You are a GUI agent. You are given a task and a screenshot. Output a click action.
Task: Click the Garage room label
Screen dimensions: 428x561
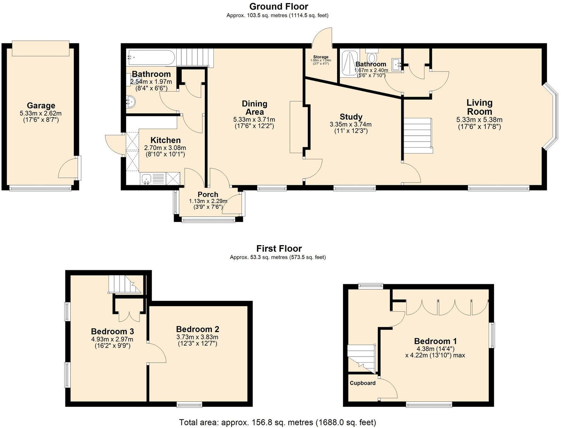coord(41,106)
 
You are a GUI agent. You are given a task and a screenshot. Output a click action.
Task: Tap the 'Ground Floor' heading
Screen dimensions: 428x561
coord(278,7)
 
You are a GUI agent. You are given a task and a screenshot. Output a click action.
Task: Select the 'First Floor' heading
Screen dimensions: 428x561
coord(279,249)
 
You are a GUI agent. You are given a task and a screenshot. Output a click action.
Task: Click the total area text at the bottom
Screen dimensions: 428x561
coord(277,422)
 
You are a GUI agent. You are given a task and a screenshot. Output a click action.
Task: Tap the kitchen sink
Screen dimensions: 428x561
coord(147,179)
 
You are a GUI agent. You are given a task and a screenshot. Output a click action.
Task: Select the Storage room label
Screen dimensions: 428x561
coord(321,57)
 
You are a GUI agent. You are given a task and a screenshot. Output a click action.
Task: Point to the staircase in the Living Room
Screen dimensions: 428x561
coord(418,135)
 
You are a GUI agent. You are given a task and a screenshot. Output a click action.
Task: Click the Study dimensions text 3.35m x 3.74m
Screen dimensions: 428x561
coord(351,124)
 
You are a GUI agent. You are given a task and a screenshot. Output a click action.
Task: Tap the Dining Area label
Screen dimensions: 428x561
coord(254,107)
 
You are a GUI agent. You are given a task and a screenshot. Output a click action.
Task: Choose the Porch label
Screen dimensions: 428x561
coord(208,194)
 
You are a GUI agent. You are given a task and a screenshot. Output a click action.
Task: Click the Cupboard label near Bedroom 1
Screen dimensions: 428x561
coord(362,383)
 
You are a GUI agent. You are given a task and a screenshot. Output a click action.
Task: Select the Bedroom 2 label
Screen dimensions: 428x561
coord(198,329)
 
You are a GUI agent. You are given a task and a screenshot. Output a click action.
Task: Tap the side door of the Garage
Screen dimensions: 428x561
coord(68,169)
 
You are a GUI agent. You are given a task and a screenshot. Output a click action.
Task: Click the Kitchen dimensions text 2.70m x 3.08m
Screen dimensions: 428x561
coord(165,148)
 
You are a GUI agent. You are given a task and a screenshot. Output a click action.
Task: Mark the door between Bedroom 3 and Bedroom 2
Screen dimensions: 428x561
coord(157,353)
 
